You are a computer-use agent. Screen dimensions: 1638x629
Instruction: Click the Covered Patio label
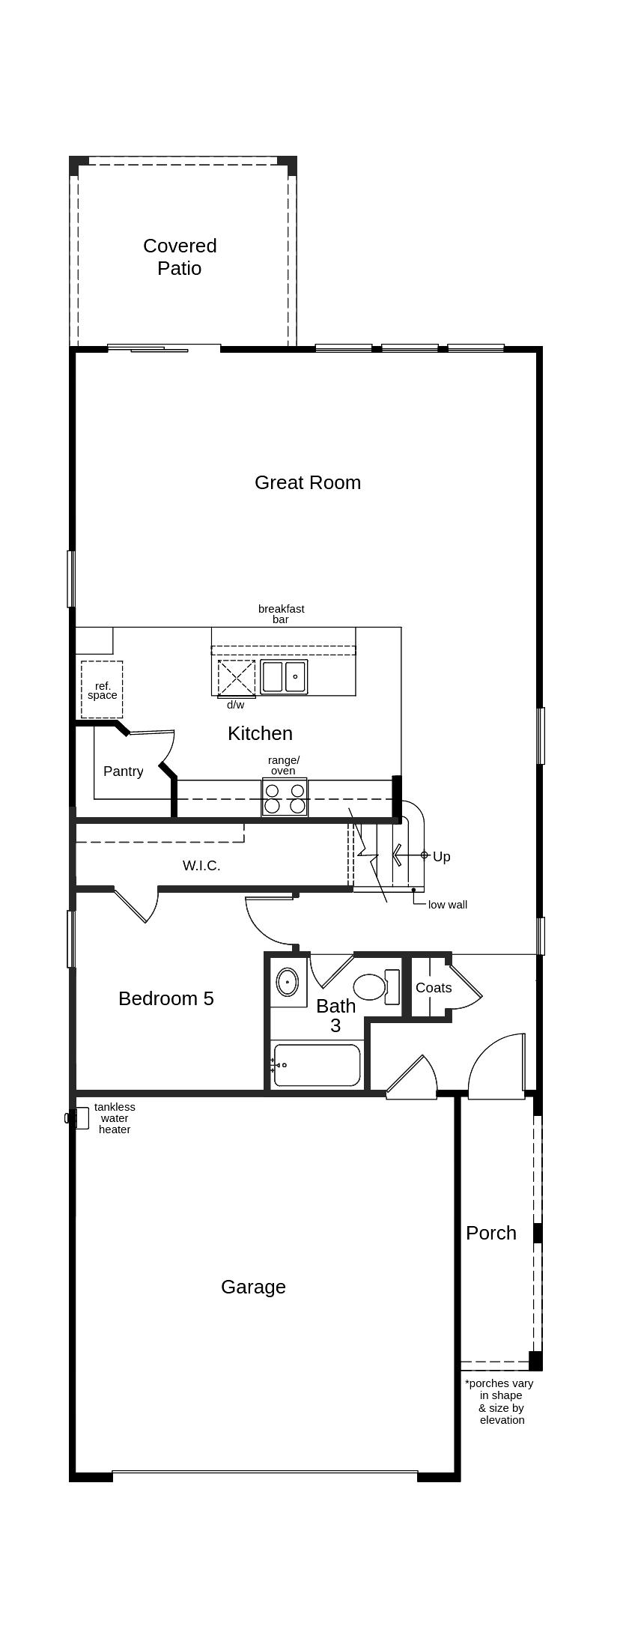(x=180, y=257)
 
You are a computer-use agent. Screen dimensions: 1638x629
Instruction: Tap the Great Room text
(x=307, y=482)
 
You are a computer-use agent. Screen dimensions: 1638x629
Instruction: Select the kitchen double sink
(x=284, y=676)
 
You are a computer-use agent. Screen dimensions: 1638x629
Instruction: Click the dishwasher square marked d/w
(x=237, y=678)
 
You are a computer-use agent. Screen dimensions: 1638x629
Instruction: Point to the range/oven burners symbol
(x=285, y=798)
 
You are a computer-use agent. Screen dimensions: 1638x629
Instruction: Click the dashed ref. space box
(x=102, y=689)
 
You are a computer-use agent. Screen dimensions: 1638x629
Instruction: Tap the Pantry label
(x=123, y=771)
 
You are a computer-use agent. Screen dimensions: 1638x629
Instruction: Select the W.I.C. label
(x=201, y=866)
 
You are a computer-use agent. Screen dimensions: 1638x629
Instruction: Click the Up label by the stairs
(x=441, y=856)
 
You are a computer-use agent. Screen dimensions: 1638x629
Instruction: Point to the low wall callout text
(x=447, y=905)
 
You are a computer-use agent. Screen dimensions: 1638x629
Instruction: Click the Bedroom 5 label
(x=165, y=998)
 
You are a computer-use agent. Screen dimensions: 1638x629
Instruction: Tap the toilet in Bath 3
(x=372, y=986)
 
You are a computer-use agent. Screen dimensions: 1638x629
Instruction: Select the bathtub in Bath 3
(x=317, y=1065)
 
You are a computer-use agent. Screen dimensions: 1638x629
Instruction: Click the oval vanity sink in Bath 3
(x=288, y=981)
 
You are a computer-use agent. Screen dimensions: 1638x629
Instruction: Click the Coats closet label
(x=434, y=988)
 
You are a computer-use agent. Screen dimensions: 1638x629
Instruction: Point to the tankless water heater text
(x=115, y=1118)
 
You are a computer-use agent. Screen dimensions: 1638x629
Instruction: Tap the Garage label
(x=253, y=1287)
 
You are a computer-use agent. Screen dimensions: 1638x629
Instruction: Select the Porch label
(x=490, y=1233)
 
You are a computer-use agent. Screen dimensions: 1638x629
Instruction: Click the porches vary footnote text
(x=499, y=1401)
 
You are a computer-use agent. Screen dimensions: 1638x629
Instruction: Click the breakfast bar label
(x=281, y=614)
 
